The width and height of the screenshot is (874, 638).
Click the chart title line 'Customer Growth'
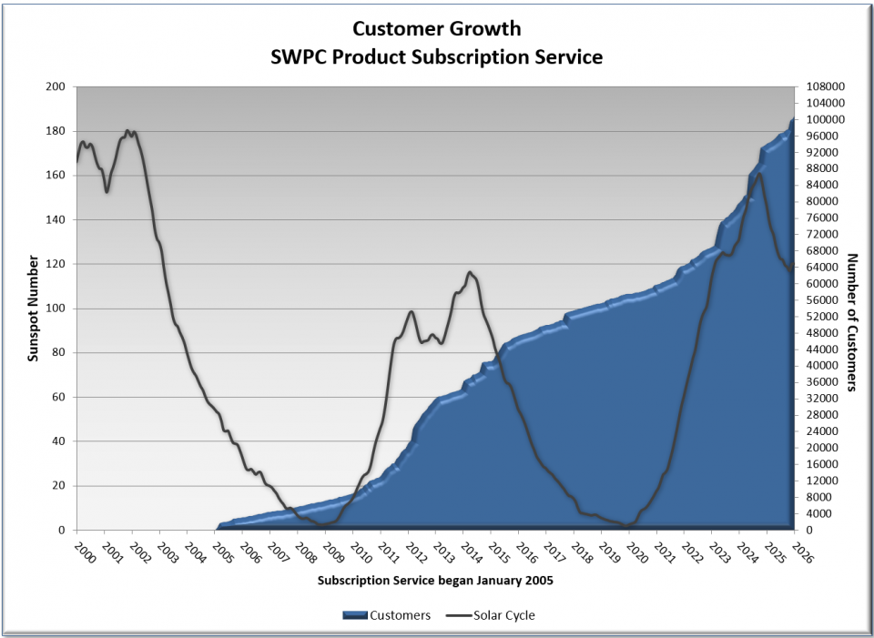tap(437, 28)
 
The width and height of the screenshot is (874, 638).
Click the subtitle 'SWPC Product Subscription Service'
tap(437, 56)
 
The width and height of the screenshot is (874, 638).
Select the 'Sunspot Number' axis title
tap(33, 309)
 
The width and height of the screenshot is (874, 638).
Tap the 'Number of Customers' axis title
tap(853, 322)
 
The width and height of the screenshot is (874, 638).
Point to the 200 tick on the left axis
tap(56, 87)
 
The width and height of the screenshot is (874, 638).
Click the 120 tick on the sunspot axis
tap(56, 264)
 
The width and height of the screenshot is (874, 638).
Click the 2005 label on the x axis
tap(219, 553)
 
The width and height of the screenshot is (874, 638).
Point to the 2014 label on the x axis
tap(467, 553)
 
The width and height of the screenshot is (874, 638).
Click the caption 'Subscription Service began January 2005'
tap(436, 580)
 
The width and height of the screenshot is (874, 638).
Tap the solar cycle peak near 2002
tap(128, 130)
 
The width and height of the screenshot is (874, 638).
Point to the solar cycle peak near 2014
tap(470, 271)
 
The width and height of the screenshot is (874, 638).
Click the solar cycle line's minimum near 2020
tap(629, 525)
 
